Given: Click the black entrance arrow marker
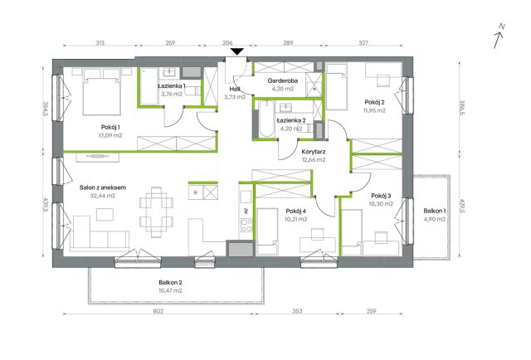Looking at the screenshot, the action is tap(237, 51).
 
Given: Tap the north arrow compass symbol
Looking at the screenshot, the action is tap(499, 36).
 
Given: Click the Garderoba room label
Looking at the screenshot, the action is tap(283, 80).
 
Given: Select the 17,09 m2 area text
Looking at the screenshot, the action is tap(110, 135).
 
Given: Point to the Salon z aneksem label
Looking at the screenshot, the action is tap(103, 187).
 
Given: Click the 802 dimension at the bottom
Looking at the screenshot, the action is tap(158, 311).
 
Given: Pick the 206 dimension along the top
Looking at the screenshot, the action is tap(227, 42).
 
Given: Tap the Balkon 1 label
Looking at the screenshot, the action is tap(435, 211).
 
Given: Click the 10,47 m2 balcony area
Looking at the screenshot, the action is tap(170, 290).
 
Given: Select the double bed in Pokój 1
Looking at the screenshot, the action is tap(102, 91).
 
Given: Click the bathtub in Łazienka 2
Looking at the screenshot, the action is tap(266, 119).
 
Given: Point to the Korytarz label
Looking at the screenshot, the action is tap(314, 152).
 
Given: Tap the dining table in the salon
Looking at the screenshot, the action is tap(157, 212).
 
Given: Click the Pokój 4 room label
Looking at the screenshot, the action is tap(296, 211).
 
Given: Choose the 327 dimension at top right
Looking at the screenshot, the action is tap(363, 42).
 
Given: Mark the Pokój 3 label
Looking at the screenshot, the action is tap(381, 196).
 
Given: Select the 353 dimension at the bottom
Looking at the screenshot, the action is tap(297, 311).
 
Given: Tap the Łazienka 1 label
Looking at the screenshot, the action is tap(172, 85).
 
